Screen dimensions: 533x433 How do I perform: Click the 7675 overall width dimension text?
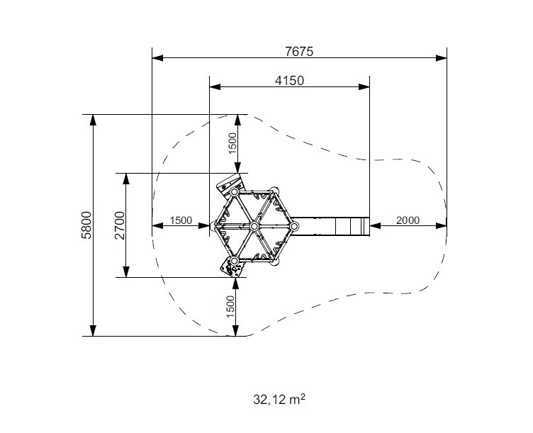299,52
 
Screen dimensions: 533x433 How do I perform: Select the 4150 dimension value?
289,81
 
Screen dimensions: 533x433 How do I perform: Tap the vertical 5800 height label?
86,225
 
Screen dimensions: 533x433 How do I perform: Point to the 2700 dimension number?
120,225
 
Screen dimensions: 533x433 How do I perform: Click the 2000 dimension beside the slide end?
408,220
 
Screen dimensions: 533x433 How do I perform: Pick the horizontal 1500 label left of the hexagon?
181,220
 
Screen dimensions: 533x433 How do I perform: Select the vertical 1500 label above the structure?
232,143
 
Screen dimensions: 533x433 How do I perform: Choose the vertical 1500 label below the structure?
230,307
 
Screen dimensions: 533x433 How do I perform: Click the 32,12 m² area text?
279,400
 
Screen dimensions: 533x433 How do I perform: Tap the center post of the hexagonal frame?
254,226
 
